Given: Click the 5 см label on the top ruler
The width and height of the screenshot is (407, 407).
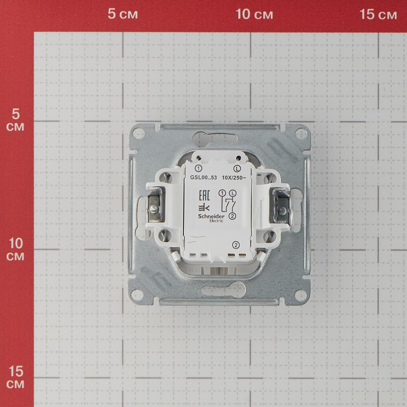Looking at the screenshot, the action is pos(123,14).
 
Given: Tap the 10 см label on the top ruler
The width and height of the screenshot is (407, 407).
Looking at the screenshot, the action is pos(254,14).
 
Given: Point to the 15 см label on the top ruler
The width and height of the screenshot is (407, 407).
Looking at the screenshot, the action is pos(378,14).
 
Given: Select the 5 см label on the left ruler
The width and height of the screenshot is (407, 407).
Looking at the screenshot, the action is pos(15,120).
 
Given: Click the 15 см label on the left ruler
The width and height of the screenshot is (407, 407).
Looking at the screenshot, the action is pos(15,378).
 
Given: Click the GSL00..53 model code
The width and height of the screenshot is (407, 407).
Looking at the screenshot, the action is pos(203,177).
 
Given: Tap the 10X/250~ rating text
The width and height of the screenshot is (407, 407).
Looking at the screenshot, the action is pos(234,177).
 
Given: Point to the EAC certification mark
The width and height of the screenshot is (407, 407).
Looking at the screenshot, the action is pos(204,195).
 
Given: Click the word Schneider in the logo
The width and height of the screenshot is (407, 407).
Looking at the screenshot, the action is pos(211,216).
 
